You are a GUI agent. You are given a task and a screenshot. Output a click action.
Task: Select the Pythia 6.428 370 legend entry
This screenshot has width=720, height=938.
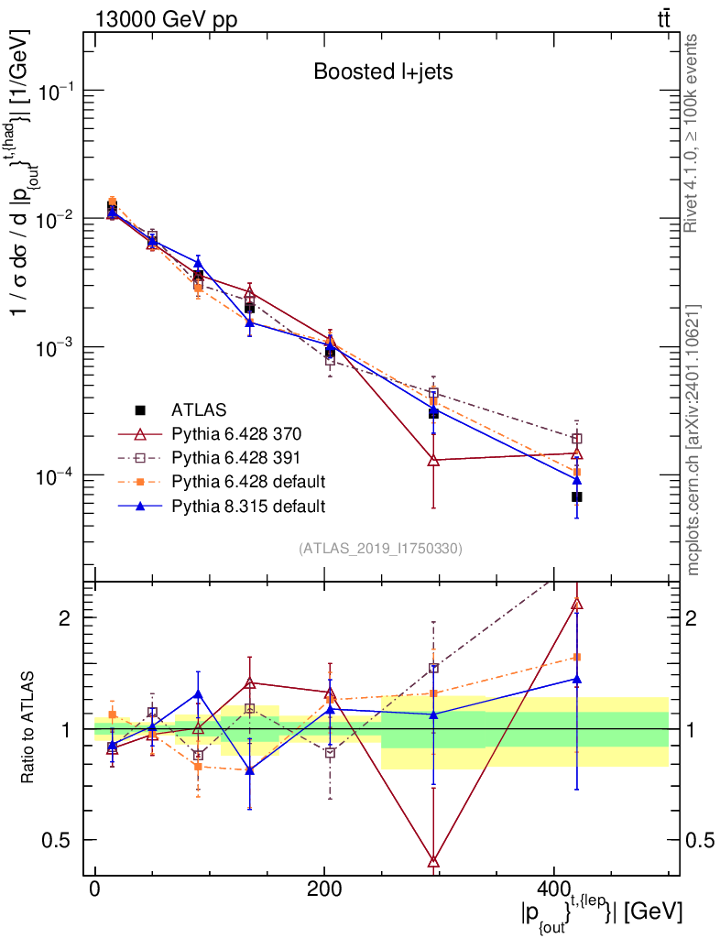tap(235, 432)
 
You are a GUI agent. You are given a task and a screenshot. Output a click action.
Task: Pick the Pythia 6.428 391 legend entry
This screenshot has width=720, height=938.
tap(235, 457)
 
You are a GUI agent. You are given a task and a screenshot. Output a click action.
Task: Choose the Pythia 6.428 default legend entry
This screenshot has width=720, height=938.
tap(247, 481)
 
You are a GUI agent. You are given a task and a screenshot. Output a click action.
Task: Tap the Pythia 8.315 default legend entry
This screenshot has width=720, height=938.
tap(247, 505)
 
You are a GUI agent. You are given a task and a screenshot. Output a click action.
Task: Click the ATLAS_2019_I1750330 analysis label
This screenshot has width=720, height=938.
tap(380, 549)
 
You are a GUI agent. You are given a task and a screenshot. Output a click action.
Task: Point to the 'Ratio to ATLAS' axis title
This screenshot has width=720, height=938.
tap(29, 728)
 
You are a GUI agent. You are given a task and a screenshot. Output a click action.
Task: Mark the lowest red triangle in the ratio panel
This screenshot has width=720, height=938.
tap(433, 860)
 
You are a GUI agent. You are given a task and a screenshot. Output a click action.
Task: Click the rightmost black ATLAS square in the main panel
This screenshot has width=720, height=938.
tap(577, 496)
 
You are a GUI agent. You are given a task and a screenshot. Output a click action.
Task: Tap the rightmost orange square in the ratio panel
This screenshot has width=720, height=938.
tap(577, 657)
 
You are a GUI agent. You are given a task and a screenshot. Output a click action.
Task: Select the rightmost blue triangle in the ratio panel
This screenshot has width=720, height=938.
tap(577, 679)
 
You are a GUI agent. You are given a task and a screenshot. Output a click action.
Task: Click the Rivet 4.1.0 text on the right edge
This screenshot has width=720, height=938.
tap(692, 133)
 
